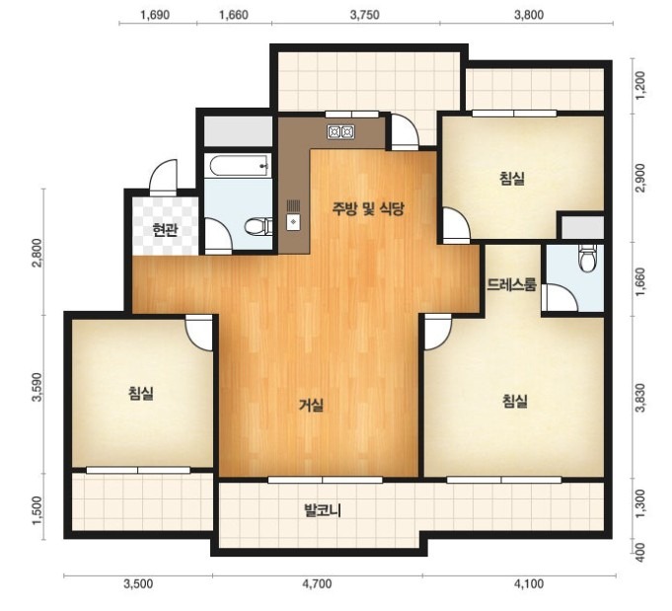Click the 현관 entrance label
click(x=165, y=231)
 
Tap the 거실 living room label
click(x=311, y=405)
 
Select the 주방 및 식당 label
click(x=369, y=209)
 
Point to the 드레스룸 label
click(x=512, y=284)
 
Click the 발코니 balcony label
click(x=323, y=510)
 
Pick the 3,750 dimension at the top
click(x=364, y=15)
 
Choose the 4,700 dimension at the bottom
click(x=317, y=583)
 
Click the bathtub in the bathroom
click(x=239, y=166)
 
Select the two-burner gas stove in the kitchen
click(x=341, y=132)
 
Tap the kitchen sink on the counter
click(x=294, y=215)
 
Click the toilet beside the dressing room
click(x=587, y=258)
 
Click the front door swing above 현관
click(x=163, y=178)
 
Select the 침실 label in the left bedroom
click(x=141, y=393)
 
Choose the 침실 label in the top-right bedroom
click(x=512, y=178)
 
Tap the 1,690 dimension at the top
click(x=155, y=15)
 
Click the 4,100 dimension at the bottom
click(x=529, y=583)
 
